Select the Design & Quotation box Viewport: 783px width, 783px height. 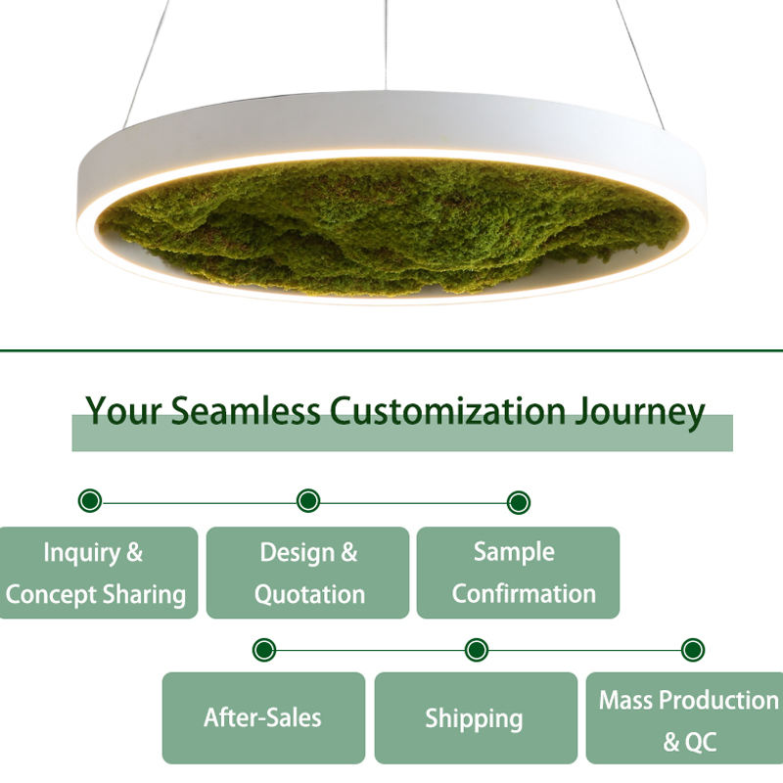click(x=307, y=573)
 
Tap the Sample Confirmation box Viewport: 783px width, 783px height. click(x=518, y=573)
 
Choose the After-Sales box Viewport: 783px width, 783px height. click(x=263, y=717)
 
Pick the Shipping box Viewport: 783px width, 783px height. click(x=476, y=717)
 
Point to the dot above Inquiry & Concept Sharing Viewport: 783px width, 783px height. click(x=90, y=502)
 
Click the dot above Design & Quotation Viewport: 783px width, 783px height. click(x=308, y=502)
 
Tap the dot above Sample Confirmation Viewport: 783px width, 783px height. click(x=519, y=503)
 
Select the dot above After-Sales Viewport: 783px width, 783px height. click(x=263, y=650)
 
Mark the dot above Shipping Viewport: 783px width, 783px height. click(x=477, y=650)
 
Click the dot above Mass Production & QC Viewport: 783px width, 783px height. click(x=693, y=650)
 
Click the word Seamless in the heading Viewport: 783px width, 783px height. click(x=246, y=411)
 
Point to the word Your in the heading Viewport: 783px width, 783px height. click(x=124, y=411)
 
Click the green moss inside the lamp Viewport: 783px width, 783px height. click(x=391, y=225)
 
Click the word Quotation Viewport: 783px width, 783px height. click(x=309, y=594)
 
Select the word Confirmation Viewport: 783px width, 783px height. click(x=524, y=594)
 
